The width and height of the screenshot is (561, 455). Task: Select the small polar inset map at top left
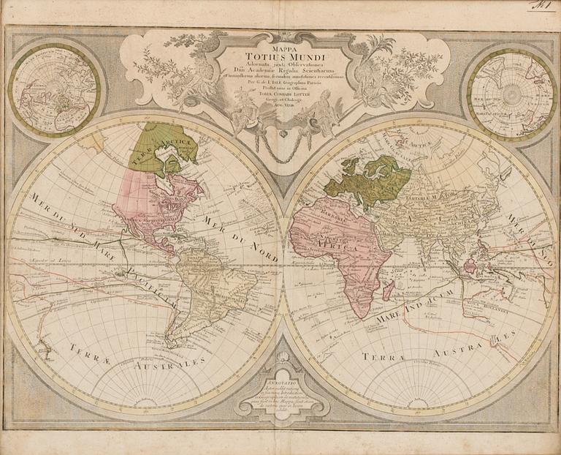(x=56, y=88)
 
